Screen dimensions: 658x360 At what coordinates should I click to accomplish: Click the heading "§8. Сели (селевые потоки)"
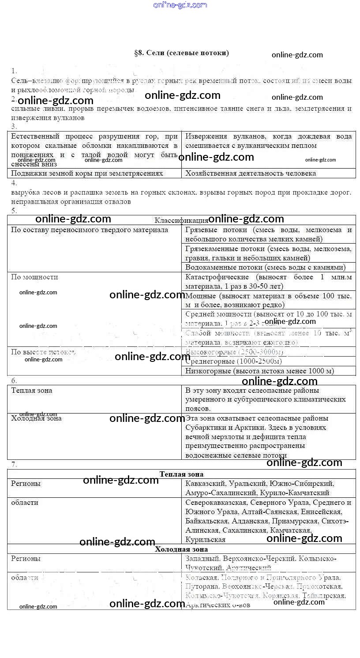click(181, 53)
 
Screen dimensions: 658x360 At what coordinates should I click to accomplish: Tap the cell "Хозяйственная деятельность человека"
click(251, 173)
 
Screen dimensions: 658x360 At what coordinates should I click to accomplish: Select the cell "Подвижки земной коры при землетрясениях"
click(87, 173)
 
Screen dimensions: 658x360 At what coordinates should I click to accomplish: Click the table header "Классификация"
click(181, 220)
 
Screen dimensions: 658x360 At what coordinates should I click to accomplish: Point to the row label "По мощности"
click(34, 277)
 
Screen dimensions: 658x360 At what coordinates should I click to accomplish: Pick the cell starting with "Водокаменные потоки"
click(265, 267)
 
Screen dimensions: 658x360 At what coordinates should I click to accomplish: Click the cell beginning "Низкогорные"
click(259, 371)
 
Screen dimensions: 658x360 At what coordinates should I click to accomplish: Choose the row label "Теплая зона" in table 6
click(32, 391)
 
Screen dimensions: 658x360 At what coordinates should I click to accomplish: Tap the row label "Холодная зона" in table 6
click(36, 418)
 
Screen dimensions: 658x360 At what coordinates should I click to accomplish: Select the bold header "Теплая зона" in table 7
click(181, 474)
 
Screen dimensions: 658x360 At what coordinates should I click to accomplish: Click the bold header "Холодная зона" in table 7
click(181, 549)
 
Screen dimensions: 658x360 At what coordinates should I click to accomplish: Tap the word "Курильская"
click(205, 540)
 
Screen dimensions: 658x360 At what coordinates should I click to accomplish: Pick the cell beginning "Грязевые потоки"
click(268, 234)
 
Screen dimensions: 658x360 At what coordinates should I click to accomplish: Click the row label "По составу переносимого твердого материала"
click(89, 230)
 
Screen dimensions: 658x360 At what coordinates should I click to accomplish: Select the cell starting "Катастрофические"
click(268, 282)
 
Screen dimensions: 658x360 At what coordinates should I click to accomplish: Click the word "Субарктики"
click(206, 428)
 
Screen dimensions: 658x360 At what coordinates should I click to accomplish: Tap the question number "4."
click(14, 183)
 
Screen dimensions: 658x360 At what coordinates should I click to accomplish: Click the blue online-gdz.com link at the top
click(180, 5)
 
